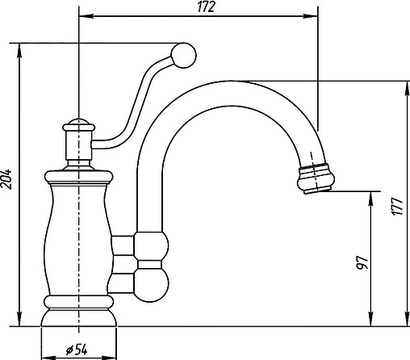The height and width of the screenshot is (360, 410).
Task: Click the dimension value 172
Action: (x=206, y=6)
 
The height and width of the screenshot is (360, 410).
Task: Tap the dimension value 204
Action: (x=6, y=179)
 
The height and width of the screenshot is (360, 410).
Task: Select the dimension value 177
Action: (x=397, y=207)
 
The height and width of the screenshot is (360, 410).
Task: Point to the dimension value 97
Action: (x=362, y=263)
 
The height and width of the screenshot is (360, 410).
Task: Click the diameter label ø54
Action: (x=77, y=350)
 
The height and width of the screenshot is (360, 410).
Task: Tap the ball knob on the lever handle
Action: (x=183, y=56)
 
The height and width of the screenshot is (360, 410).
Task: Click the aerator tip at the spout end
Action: (x=316, y=178)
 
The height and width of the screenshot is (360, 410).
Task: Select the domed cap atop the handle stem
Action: (x=78, y=125)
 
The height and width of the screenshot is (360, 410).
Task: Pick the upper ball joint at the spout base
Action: (x=152, y=246)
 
